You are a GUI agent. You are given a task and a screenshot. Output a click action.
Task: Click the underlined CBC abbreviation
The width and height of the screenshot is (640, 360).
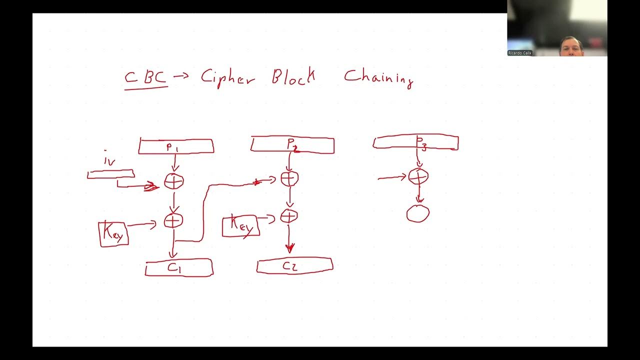coord(145,78)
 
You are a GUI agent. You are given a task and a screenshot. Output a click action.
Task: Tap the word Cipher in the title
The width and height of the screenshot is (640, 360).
coord(227,78)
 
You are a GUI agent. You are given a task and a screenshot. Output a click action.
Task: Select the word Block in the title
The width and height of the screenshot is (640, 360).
coord(293,77)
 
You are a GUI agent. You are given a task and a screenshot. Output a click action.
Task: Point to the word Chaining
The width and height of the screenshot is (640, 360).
coord(378,77)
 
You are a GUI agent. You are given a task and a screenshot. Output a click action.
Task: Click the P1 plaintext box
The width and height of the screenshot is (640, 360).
coord(176,146)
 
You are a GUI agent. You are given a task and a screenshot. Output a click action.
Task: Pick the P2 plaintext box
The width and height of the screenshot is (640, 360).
coord(292,145)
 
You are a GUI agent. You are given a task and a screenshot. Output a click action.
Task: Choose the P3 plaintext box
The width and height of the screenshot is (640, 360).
coord(415,142)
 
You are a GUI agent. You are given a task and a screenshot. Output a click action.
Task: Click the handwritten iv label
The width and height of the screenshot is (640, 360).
coord(109,161)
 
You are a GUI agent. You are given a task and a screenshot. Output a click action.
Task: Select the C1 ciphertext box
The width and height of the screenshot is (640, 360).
coord(179,267)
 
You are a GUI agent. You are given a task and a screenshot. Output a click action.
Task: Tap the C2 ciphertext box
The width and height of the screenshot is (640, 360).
coord(294,265)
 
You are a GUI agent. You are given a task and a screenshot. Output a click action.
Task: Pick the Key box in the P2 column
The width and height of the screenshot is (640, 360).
coord(240,226)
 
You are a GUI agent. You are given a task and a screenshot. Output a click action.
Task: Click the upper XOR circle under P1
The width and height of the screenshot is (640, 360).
coord(174,181)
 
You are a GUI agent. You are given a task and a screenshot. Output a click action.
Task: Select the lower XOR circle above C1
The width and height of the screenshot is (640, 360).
coord(173,220)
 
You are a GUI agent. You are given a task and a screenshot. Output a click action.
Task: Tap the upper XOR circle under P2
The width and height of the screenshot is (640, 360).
coord(289,178)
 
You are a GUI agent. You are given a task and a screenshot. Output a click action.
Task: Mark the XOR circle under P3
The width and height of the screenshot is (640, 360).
coord(418,176)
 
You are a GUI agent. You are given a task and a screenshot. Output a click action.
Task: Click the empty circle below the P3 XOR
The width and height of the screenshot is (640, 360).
coord(418,213)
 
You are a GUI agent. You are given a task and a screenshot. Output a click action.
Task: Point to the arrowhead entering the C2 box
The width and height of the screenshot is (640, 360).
coord(289,247)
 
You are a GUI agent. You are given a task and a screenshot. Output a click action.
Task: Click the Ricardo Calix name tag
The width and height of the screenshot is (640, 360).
coord(520,52)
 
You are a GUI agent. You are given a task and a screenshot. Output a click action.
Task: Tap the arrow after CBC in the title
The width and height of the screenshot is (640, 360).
coord(182,77)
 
